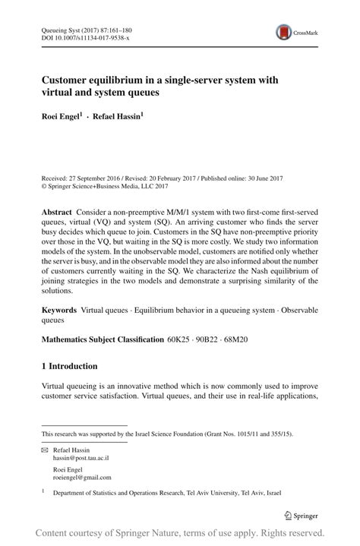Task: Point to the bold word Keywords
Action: coord(59,310)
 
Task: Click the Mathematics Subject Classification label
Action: coord(102,339)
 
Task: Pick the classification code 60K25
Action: coord(179,339)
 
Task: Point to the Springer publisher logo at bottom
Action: coord(301,516)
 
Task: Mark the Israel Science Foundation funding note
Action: coord(167,434)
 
